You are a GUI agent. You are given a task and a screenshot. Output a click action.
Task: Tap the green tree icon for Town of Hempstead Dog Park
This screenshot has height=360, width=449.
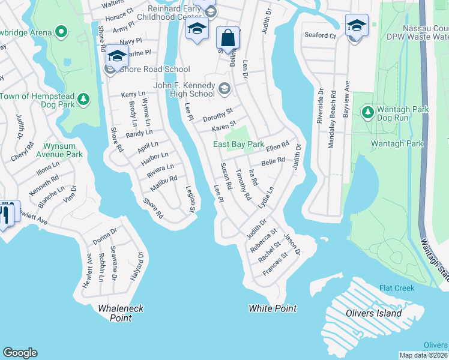click(x=84, y=98)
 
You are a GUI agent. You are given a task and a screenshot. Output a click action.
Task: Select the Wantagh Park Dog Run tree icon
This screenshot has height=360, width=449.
click(x=367, y=112)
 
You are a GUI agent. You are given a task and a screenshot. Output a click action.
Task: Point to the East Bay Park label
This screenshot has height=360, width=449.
click(x=239, y=145)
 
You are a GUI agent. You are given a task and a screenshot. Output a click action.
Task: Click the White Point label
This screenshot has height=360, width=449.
click(x=273, y=308)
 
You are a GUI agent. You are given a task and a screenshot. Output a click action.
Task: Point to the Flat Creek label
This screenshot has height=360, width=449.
click(x=396, y=288)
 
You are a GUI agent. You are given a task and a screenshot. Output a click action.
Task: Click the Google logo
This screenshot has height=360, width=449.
click(x=20, y=353)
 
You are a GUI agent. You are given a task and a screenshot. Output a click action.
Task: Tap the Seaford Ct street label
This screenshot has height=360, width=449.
click(x=319, y=35)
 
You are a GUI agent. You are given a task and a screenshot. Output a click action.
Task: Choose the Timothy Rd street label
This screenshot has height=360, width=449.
click(x=243, y=184)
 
